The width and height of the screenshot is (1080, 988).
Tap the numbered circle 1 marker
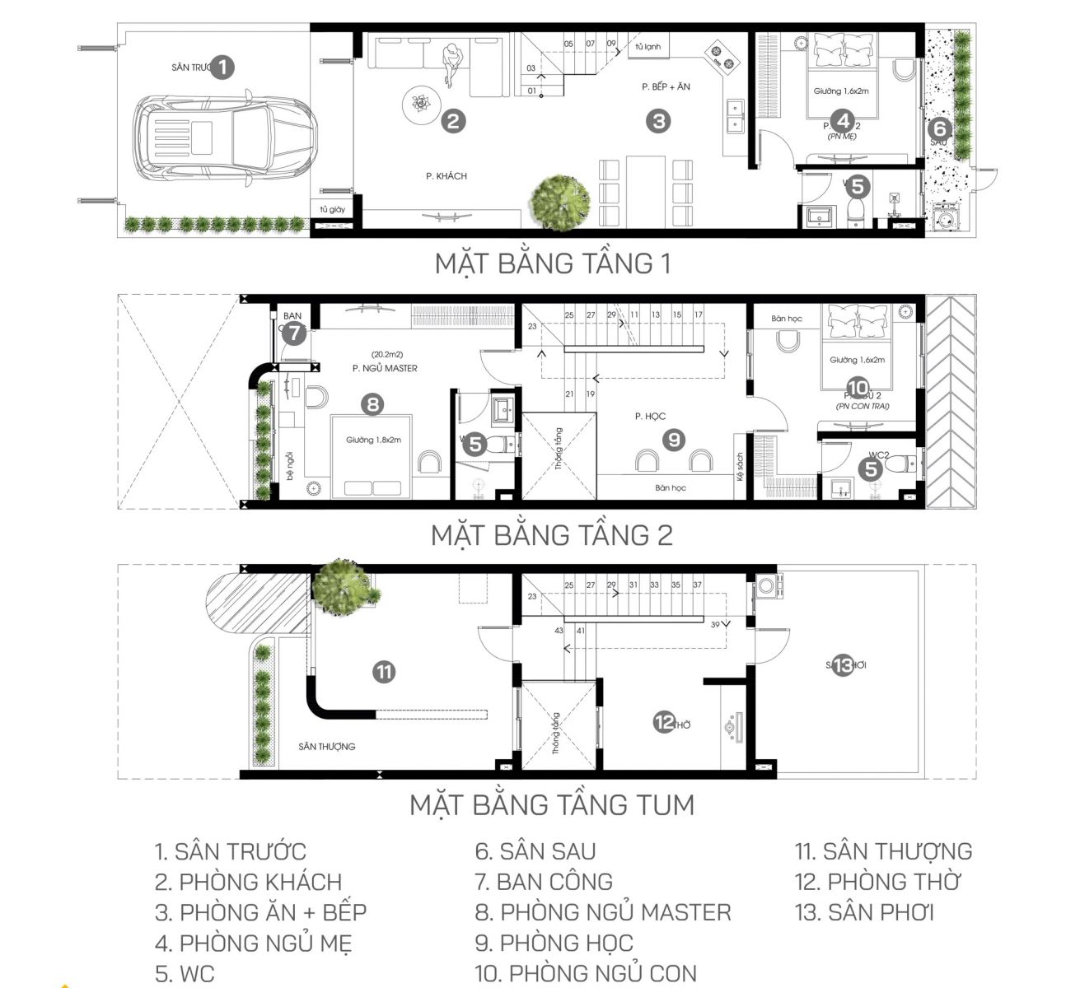(222, 68)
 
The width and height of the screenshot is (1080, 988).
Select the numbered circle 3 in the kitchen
(657, 122)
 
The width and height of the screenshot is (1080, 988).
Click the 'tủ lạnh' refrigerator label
(648, 47)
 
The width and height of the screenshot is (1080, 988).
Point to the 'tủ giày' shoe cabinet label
(332, 210)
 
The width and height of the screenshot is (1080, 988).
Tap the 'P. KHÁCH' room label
(446, 176)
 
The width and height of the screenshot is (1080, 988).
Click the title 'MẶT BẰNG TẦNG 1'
(552, 263)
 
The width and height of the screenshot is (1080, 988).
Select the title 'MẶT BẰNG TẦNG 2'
(552, 535)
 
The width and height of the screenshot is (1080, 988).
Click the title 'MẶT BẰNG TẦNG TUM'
(552, 804)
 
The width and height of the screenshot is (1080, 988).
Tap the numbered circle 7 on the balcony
(295, 334)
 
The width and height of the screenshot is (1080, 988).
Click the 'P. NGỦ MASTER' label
(385, 368)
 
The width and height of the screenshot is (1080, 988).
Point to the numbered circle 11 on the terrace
(383, 672)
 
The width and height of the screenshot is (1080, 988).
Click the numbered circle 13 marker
(842, 665)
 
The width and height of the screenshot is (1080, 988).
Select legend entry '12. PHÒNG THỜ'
(878, 882)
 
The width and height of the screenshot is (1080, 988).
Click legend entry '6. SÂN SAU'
(535, 851)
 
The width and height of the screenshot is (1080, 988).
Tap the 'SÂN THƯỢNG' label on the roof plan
(327, 746)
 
